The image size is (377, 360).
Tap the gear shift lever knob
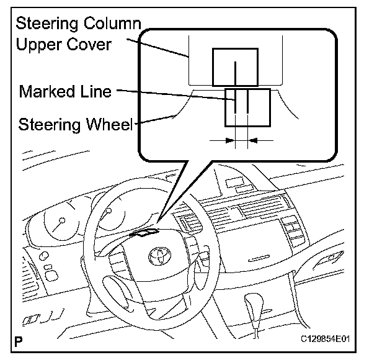click(255, 305)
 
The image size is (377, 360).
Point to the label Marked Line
click(65, 92)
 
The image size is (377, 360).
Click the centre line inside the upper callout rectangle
click(236, 71)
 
